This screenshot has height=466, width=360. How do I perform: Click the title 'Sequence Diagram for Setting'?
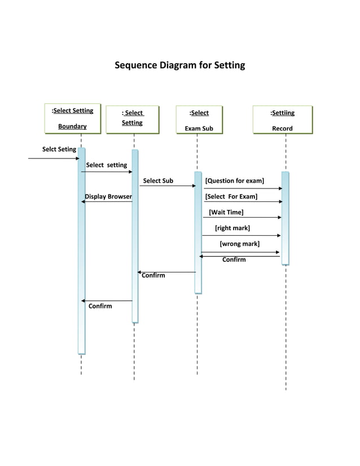tap(180, 65)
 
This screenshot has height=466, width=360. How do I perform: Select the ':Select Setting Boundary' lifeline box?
tap(72, 118)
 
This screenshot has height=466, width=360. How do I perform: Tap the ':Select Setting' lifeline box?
tap(133, 118)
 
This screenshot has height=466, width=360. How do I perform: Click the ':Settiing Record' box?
tap(282, 120)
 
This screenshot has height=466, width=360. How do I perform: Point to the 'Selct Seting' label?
tap(59, 150)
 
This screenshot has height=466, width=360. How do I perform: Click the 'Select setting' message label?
tap(106, 165)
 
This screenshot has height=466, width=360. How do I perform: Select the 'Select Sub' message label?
tap(158, 181)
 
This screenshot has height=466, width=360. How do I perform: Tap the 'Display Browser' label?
tap(108, 196)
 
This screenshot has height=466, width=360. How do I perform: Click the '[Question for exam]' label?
tap(234, 181)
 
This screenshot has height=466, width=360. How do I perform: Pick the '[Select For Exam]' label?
tap(231, 196)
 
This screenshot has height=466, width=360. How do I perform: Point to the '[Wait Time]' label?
tap(226, 212)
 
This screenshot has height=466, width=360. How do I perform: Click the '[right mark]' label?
tap(232, 228)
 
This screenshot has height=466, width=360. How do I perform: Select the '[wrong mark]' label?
tap(239, 244)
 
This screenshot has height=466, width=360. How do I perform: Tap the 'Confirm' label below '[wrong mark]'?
tap(234, 260)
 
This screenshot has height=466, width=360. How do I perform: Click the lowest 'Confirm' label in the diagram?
tap(100, 306)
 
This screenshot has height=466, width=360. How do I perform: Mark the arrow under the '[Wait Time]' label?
tap(242, 217)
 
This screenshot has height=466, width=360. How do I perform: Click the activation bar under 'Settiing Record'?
tap(285, 217)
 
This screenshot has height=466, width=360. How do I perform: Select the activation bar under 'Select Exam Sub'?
tap(197, 231)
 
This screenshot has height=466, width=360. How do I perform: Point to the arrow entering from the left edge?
tap(54, 159)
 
